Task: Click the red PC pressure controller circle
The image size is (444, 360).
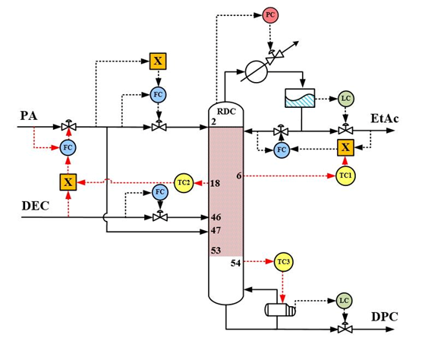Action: point(270,15)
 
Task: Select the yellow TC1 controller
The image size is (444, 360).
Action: point(345,176)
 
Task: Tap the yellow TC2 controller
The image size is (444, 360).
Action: point(184,183)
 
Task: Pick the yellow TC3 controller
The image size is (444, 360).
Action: point(283,262)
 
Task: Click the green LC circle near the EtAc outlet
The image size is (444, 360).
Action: point(346,99)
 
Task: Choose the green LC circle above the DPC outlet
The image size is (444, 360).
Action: point(345,301)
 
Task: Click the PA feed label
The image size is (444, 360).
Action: point(29,115)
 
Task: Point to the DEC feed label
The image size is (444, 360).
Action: point(36,206)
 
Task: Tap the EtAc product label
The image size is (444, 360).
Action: point(385,118)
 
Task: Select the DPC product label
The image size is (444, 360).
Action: point(385,317)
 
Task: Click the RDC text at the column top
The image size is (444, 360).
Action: point(226,112)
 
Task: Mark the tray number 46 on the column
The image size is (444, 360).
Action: point(216,217)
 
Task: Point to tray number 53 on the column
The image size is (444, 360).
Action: point(216,251)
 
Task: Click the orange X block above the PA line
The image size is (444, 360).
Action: point(158,62)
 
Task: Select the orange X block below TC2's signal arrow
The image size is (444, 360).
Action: point(68,182)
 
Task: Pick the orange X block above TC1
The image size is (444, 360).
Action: point(345,147)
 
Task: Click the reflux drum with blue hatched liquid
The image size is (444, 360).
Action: point(300,98)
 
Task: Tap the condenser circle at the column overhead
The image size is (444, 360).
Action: point(257,71)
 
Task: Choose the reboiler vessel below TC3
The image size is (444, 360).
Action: point(280,310)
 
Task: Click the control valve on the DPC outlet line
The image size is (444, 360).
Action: point(345,328)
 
